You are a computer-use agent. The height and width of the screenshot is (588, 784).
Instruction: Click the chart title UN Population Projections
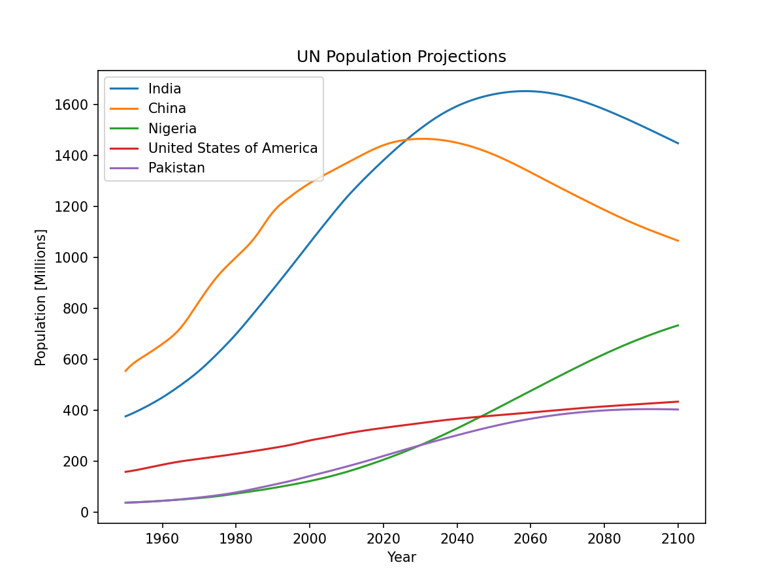401,57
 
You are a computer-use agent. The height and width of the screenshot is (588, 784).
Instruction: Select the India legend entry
165,89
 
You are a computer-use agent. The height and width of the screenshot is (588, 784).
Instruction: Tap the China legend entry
167,108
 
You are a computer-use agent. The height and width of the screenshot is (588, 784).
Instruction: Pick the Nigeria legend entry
172,129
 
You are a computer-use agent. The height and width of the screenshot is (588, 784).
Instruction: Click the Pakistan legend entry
176,168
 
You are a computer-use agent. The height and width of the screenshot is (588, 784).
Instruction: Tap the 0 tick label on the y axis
84,512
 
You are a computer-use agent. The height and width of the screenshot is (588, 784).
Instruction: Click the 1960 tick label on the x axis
162,538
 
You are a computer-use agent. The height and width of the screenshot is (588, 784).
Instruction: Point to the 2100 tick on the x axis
678,538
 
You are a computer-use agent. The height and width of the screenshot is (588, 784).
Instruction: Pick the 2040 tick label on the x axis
457,538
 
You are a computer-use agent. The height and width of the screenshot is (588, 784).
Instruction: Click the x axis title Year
401,557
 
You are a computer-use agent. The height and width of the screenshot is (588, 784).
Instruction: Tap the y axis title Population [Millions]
41,297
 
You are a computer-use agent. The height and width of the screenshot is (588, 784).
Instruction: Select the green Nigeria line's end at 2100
678,325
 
